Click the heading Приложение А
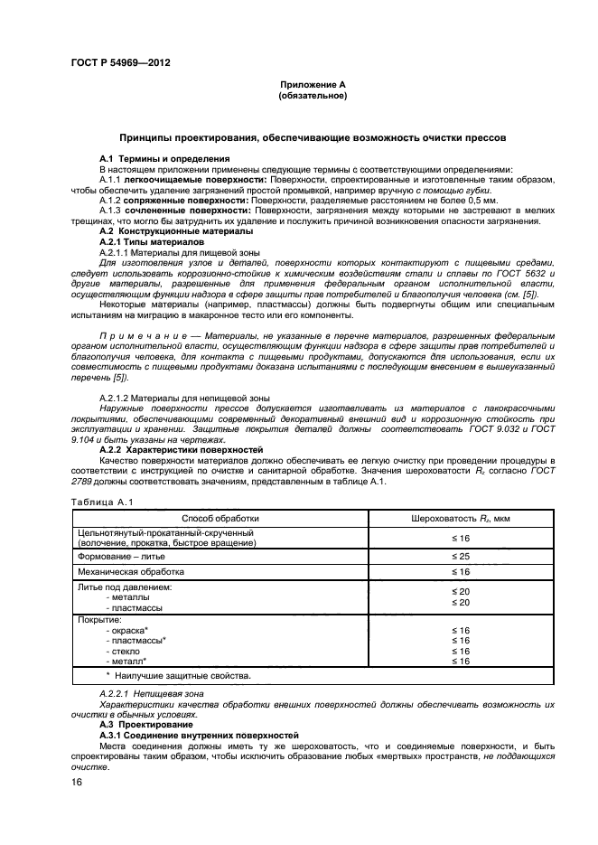[313, 84]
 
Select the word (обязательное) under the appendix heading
[313, 94]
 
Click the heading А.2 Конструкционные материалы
[176, 231]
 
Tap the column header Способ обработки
[220, 519]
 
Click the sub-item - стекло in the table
[125, 651]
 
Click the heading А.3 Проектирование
[146, 724]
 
